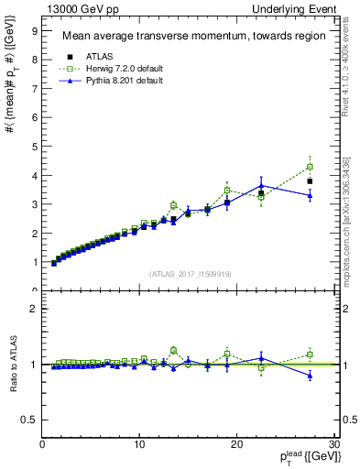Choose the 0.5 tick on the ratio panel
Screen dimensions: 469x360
tap(29, 420)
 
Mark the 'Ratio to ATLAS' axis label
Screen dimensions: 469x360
tap(12, 364)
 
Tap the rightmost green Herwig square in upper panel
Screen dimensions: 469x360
tap(310, 167)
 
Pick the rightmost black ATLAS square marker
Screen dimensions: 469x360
tap(310, 181)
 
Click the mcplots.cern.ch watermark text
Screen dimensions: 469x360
tap(349, 209)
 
